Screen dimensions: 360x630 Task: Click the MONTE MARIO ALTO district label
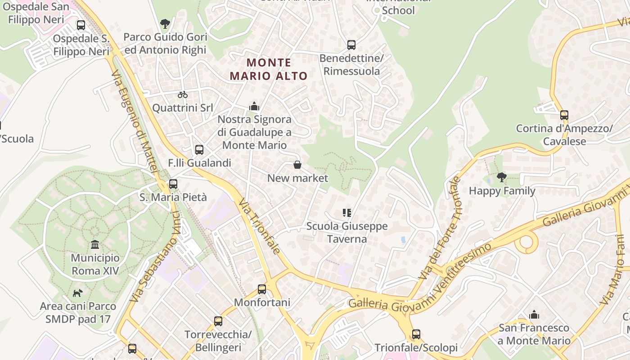(x=269, y=69)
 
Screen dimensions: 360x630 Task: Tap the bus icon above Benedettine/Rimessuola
(x=351, y=45)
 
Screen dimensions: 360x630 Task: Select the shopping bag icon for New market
(x=297, y=165)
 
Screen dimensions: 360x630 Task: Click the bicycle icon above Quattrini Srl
(x=182, y=94)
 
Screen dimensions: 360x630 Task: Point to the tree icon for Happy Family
(x=502, y=177)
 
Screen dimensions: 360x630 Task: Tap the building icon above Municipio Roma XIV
(x=95, y=244)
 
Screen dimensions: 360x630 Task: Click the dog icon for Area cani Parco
(x=78, y=293)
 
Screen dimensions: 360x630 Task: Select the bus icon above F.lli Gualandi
(x=199, y=150)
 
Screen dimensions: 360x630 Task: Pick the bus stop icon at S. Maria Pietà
(x=173, y=184)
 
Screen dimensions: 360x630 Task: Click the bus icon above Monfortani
(x=262, y=289)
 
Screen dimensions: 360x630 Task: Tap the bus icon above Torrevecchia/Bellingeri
(x=218, y=321)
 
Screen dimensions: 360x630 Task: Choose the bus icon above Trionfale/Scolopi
(x=416, y=334)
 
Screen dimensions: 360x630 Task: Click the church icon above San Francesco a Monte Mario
(x=534, y=314)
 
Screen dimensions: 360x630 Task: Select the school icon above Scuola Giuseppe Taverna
(x=346, y=212)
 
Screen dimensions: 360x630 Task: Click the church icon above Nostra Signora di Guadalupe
(x=254, y=107)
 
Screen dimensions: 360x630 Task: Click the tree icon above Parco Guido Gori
(x=165, y=23)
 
